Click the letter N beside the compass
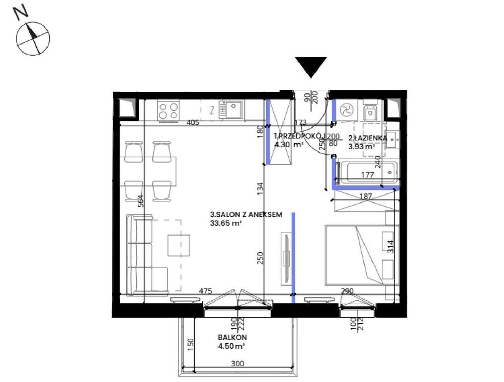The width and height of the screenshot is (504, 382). coord(20,13)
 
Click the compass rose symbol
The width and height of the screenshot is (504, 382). coord(33,38)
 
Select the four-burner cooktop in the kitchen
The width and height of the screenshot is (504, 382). coord(168,110)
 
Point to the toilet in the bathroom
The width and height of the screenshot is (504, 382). coord(370,112)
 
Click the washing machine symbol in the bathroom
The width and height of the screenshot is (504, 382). coord(346,110)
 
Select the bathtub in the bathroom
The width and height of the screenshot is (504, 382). coord(368,173)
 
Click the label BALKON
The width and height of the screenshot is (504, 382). coord(232,338)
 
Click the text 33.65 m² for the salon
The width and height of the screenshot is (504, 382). coord(226,223)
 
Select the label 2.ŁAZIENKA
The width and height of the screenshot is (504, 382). coord(368,138)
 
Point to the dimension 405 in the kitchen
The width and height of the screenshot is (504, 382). coord(192,122)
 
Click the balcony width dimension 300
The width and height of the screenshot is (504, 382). coord(238,364)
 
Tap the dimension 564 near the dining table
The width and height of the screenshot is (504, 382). coord(140,201)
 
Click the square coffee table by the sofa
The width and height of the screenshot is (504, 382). coord(178,245)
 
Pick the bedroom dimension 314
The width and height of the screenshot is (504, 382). coord(390,247)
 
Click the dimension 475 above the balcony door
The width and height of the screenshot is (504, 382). coord(205,291)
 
